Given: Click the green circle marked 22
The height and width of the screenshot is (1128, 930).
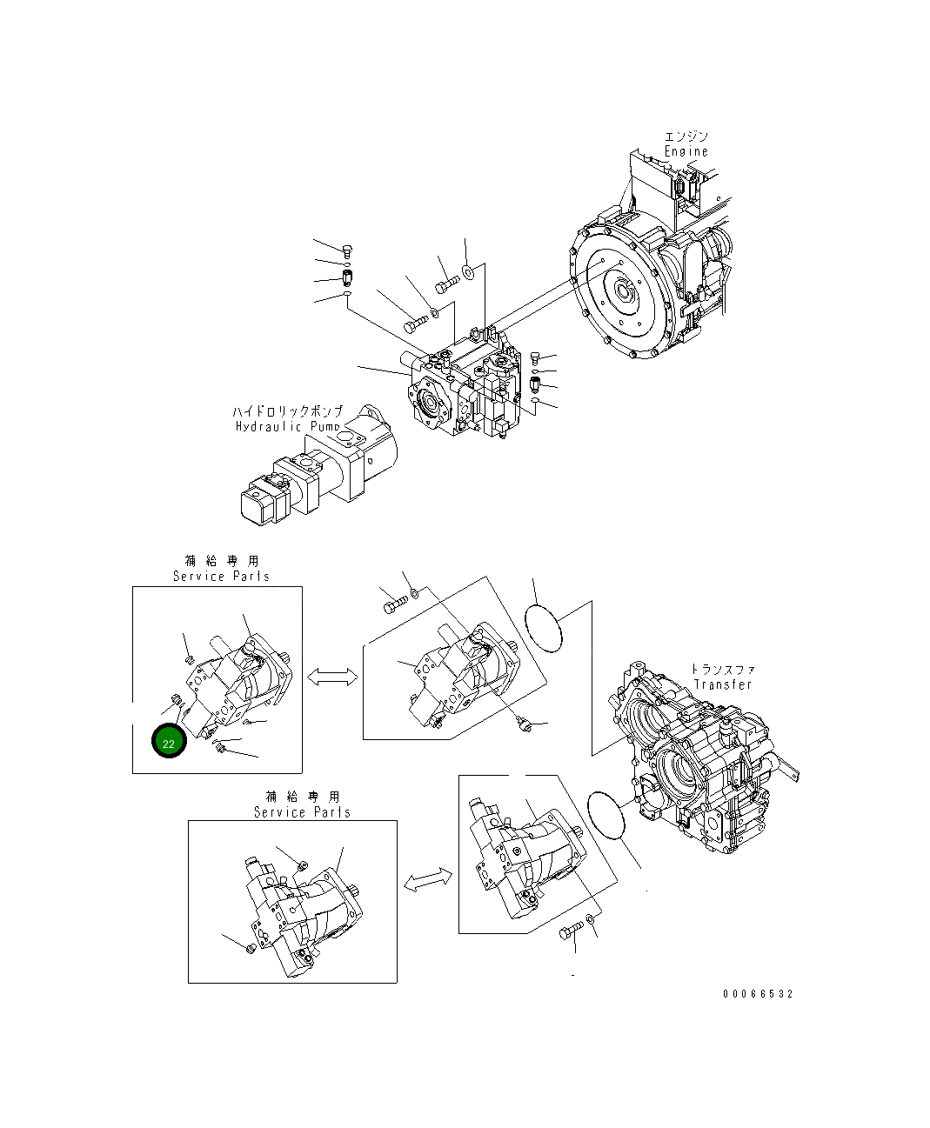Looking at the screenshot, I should coord(169,742).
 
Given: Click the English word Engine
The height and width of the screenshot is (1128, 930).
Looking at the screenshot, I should coord(686,151).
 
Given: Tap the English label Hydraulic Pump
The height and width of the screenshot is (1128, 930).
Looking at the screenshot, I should coord(288,426).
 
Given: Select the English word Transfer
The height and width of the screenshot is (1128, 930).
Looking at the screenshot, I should coord(723,684).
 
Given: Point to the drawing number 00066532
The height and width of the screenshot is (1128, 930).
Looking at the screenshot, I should coord(757,994).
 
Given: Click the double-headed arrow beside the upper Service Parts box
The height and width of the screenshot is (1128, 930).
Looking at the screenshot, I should coord(332,677).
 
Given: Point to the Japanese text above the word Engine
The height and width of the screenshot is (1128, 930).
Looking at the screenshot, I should coord(686,137).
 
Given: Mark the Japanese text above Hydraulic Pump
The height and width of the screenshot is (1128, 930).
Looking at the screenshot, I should coord(288,411).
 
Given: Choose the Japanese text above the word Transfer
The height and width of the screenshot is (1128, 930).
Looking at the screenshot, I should coord(723,669).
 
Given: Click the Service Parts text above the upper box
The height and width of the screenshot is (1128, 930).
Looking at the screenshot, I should coord(221,576).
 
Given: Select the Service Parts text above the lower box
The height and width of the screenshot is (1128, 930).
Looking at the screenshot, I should coord(302,812).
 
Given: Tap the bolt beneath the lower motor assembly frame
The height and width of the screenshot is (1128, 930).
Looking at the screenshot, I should coord(569,934).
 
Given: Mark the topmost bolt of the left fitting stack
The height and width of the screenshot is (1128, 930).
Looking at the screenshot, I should coord(348,252).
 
